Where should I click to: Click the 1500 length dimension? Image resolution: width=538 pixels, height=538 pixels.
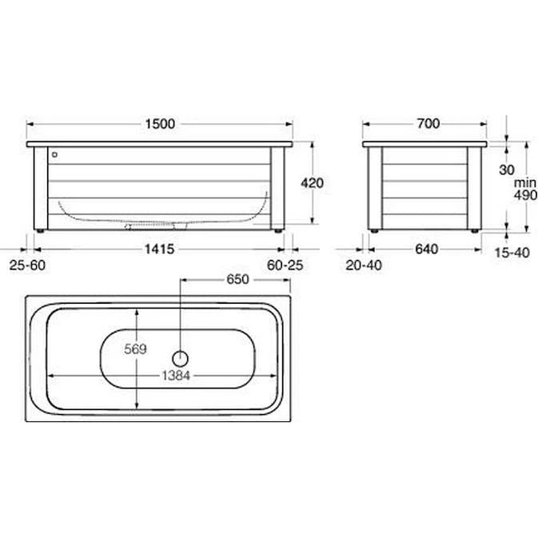(160, 124)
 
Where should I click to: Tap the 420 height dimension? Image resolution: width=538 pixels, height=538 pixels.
(312, 183)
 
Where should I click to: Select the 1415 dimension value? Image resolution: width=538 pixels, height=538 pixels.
(159, 249)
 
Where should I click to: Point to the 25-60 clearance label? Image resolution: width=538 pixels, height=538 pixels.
(27, 265)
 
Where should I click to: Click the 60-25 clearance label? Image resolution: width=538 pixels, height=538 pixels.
(285, 265)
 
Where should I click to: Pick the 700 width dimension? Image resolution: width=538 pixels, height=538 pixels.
(428, 124)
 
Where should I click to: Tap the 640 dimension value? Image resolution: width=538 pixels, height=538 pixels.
(427, 249)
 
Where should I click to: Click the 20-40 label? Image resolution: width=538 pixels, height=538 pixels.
(364, 265)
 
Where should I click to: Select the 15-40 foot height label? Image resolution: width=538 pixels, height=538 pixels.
(512, 253)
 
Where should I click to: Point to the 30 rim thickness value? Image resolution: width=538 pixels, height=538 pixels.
(507, 169)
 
